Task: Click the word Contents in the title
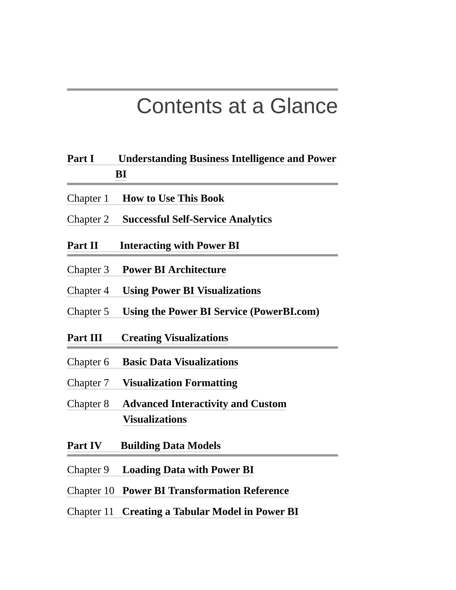point(179,106)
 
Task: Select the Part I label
point(81,159)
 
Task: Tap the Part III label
point(85,338)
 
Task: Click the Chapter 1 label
point(88,198)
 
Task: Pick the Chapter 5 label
point(88,311)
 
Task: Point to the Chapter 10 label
point(90,490)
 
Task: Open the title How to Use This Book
point(173,198)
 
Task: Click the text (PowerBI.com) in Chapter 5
point(285,311)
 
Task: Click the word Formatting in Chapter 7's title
point(211,383)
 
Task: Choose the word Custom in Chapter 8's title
point(269,404)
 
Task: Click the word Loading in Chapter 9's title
point(141,470)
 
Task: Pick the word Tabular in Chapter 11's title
point(191,511)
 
